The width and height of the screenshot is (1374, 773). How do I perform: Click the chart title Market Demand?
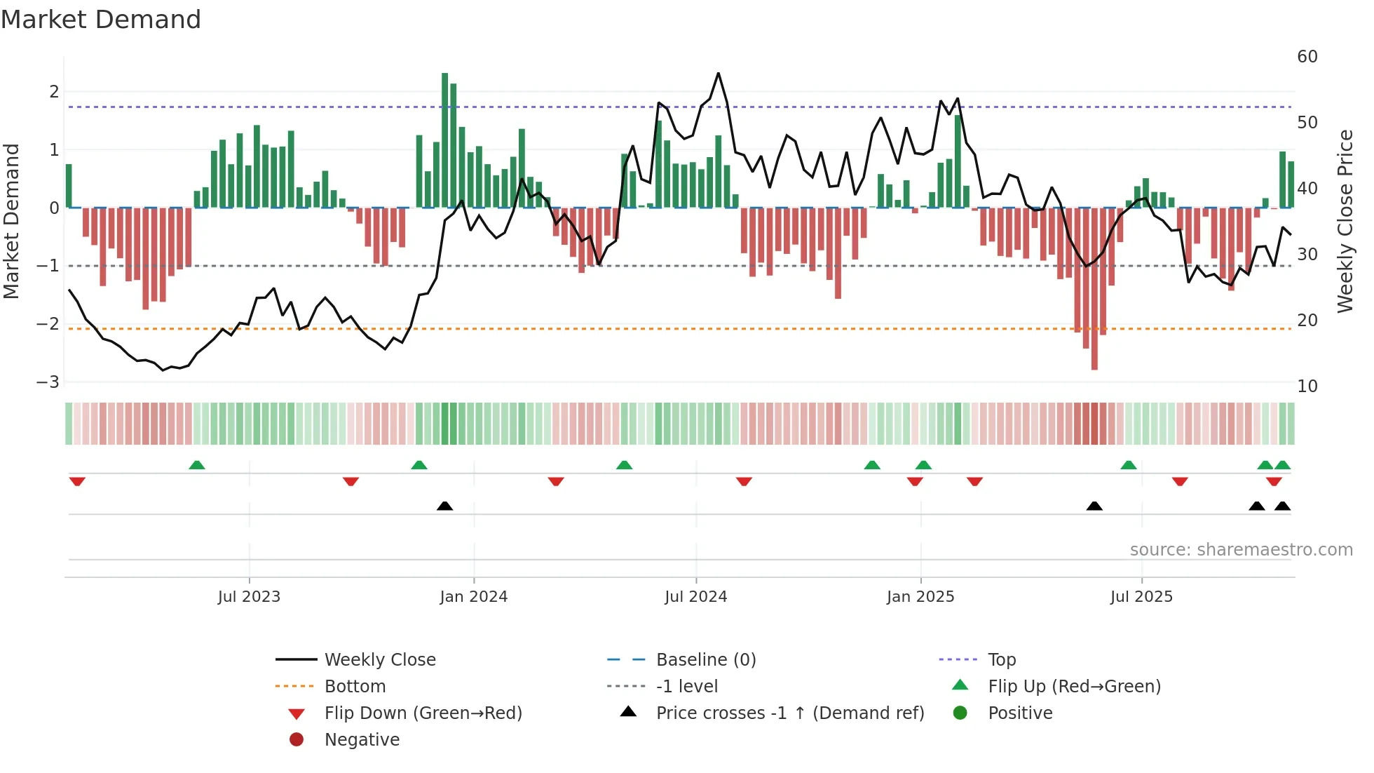(101, 20)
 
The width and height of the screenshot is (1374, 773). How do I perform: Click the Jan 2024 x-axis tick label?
(473, 597)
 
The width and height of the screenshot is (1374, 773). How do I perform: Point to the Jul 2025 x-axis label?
(1141, 597)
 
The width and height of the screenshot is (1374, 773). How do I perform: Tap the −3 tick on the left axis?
(48, 382)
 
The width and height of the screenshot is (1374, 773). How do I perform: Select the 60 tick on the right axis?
(1307, 57)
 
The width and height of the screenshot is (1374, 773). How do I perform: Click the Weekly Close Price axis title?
(1345, 221)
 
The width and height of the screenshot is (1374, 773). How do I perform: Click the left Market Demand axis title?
(12, 221)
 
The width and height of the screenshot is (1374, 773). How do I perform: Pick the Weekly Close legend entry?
(379, 660)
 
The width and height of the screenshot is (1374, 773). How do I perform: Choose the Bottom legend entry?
(355, 687)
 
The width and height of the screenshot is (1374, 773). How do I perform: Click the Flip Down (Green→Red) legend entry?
(423, 713)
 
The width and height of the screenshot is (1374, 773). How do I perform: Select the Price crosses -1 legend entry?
(789, 713)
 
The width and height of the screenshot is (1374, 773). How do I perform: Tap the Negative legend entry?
(362, 740)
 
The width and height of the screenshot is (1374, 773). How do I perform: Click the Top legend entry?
(1001, 660)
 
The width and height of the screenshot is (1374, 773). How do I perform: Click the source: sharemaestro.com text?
(1241, 550)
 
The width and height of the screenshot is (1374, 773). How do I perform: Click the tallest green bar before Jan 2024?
(444, 140)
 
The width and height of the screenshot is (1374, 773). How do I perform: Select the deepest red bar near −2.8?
(1094, 288)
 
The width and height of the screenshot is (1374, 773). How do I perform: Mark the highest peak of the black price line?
(718, 74)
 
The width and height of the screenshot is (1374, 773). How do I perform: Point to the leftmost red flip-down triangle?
(77, 481)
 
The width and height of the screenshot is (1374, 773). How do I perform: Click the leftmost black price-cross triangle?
(444, 506)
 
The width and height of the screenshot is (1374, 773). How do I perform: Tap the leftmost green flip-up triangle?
(197, 465)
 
